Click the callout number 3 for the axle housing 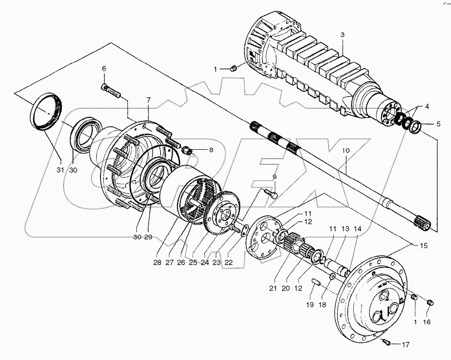342,35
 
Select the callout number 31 60,170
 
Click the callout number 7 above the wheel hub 148,100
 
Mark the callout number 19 310,304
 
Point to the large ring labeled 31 47,114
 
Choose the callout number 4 427,106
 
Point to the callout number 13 345,229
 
